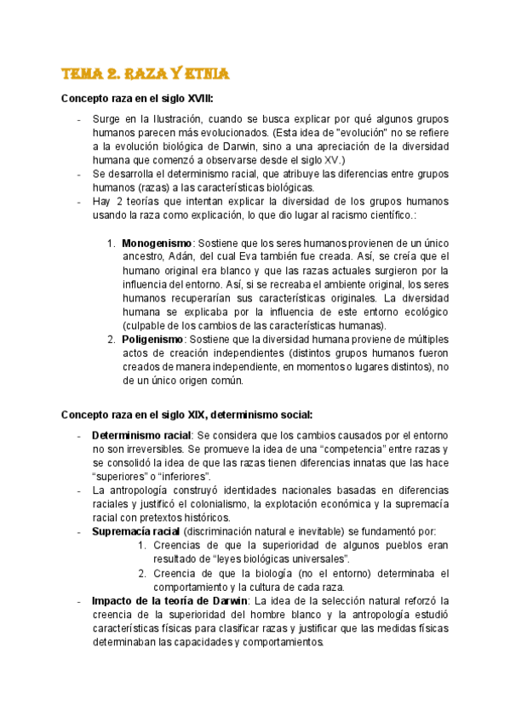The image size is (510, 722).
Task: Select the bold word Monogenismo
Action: point(157,244)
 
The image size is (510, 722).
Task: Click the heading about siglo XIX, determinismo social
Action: point(186,415)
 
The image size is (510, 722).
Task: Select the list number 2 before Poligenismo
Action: point(112,340)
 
